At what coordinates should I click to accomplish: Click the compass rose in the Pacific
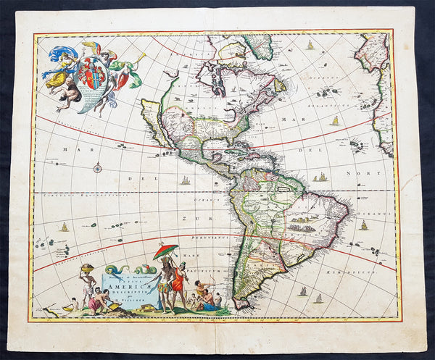pyautogui.click(x=97, y=168)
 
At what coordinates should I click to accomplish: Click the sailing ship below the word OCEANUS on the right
pyautogui.click(x=363, y=226)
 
